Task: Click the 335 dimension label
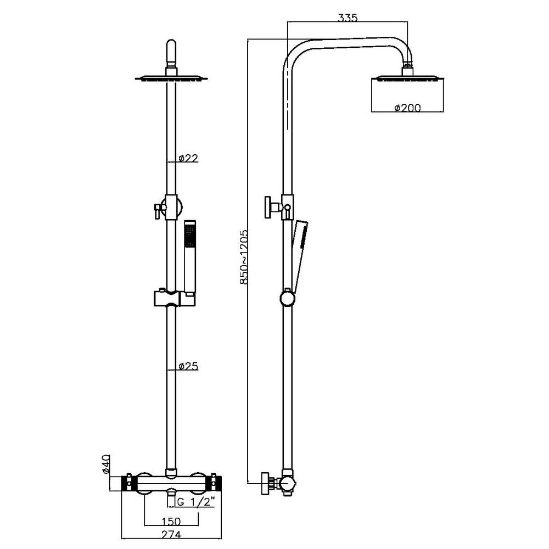coord(348,18)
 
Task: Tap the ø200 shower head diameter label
coord(407,108)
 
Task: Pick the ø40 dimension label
coord(107,464)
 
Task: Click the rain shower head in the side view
coord(407,79)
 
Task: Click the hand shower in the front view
coord(189,258)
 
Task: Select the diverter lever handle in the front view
coord(158,209)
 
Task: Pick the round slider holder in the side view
coord(287,299)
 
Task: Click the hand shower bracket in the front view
coord(167,298)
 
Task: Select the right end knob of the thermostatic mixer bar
coord(216,484)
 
